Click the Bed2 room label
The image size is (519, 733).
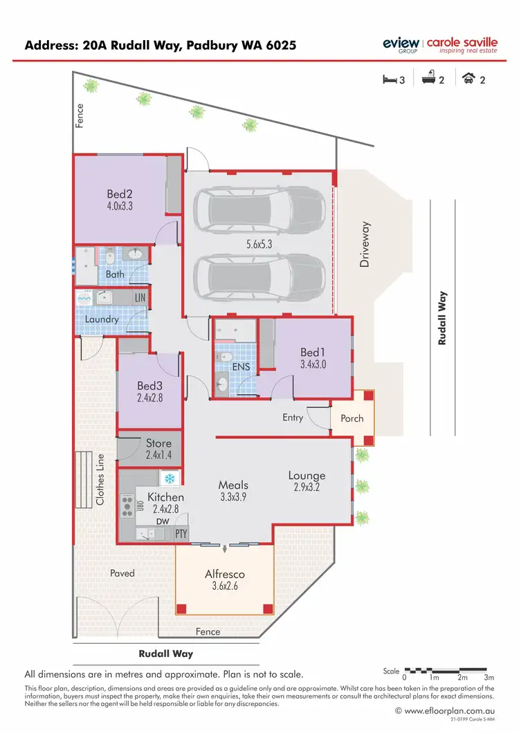coord(120,194)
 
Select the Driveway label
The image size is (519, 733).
coord(365,244)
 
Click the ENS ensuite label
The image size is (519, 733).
coord(241,366)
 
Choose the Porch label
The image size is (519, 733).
coord(352,418)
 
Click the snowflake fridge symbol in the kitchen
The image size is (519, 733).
coord(169,479)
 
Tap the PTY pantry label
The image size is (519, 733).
coord(181,534)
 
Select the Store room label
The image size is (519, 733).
coord(158,443)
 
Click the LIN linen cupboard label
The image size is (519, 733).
coord(140,297)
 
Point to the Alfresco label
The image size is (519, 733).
coord(225,574)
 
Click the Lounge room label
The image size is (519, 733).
coord(307,476)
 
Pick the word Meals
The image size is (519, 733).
coord(233,485)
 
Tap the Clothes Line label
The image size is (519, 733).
coord(100,479)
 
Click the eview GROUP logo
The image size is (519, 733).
coord(401,44)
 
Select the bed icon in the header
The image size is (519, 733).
coord(390,80)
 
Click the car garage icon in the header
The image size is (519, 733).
coord(468,80)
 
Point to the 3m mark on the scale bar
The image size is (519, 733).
coord(489,677)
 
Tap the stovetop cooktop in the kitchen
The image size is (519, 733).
coord(127,505)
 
